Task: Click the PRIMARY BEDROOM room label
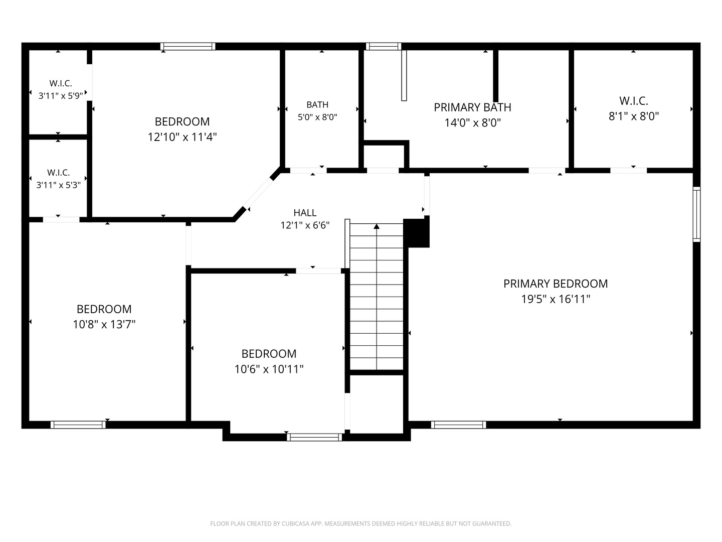click(x=555, y=284)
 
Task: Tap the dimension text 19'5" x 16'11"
click(x=556, y=299)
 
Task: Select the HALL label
click(x=305, y=213)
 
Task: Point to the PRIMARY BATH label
click(x=472, y=107)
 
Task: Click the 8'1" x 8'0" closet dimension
click(x=634, y=116)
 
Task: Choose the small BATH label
click(x=317, y=105)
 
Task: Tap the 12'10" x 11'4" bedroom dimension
click(x=182, y=137)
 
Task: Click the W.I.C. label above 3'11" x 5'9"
click(x=61, y=83)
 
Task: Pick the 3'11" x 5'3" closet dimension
click(x=59, y=185)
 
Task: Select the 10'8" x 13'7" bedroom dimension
click(x=104, y=325)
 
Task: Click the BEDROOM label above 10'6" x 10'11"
click(x=269, y=354)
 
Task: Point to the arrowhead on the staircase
click(x=377, y=226)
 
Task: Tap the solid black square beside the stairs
click(x=417, y=233)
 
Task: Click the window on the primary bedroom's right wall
click(x=696, y=214)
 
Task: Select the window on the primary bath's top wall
click(x=384, y=46)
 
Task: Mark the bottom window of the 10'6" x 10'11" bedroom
click(x=314, y=437)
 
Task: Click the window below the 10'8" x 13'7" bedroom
click(x=78, y=425)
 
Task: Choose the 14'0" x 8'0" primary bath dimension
click(x=473, y=123)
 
